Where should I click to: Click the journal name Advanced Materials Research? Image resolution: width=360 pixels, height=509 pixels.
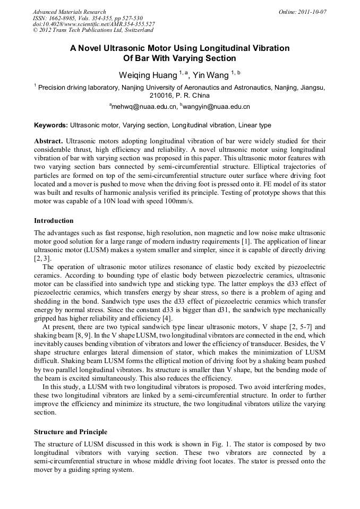(x=69, y=12)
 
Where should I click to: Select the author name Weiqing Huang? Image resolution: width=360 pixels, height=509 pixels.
(x=146, y=73)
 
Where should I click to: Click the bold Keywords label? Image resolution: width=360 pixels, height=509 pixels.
(x=50, y=125)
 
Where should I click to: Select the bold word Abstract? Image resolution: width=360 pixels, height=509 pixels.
(x=48, y=142)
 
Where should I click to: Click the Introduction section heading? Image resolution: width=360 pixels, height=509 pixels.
(x=54, y=220)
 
